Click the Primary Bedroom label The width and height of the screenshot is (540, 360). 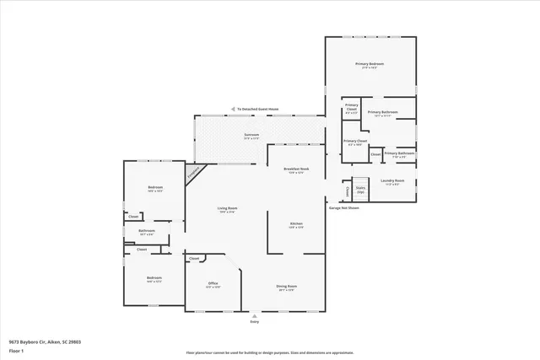pos(370,64)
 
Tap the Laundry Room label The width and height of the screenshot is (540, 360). pos(392,181)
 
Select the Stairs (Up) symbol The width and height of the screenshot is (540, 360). pos(360,191)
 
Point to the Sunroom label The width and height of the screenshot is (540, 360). pos(251,135)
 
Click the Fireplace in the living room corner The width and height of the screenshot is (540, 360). pos(194,171)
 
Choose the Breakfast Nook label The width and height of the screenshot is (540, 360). pos(295,169)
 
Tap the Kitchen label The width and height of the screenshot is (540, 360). pos(295,223)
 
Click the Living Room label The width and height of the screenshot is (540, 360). pos(227,208)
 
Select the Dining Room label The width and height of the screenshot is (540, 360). pos(286,287)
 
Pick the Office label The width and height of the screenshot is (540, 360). pos(213,284)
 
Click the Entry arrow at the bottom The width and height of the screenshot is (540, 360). pos(254,315)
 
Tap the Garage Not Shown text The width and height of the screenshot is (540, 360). pos(343,207)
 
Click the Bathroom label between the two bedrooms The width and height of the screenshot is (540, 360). pos(146,230)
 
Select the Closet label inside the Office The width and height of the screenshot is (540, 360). pos(194,258)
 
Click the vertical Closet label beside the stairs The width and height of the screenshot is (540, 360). pos(347,191)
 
